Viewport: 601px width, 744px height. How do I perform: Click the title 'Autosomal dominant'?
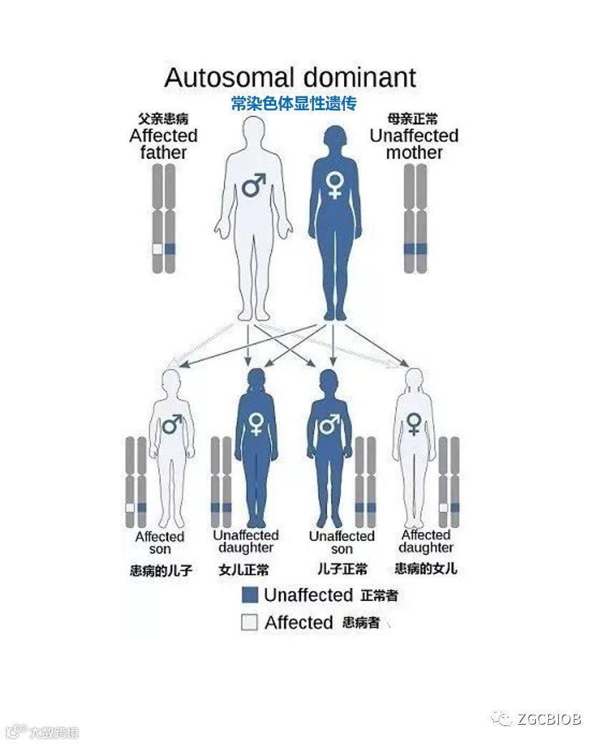(x=290, y=77)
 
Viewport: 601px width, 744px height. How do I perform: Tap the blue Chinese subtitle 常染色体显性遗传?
(x=293, y=104)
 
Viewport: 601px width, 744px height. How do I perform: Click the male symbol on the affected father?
(x=253, y=186)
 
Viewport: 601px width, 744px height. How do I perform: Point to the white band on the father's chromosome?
(x=157, y=249)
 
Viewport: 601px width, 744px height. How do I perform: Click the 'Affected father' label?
(x=163, y=143)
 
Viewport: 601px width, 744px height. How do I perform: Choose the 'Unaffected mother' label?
(x=414, y=143)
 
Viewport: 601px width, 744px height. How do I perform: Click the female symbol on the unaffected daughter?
(x=255, y=423)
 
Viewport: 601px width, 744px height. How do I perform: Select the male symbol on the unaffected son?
(x=328, y=425)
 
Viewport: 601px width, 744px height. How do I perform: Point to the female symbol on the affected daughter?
(x=414, y=424)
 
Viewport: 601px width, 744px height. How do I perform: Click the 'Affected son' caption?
(x=160, y=543)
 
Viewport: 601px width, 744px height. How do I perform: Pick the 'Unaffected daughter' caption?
(x=245, y=542)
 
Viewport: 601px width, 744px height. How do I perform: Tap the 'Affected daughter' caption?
(x=426, y=542)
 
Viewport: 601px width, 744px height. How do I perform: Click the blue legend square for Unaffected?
(x=249, y=594)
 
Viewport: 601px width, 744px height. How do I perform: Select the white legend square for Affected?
(x=249, y=622)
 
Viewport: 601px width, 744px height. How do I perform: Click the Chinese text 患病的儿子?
(x=161, y=571)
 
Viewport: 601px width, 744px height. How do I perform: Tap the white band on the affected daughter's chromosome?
(x=444, y=507)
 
